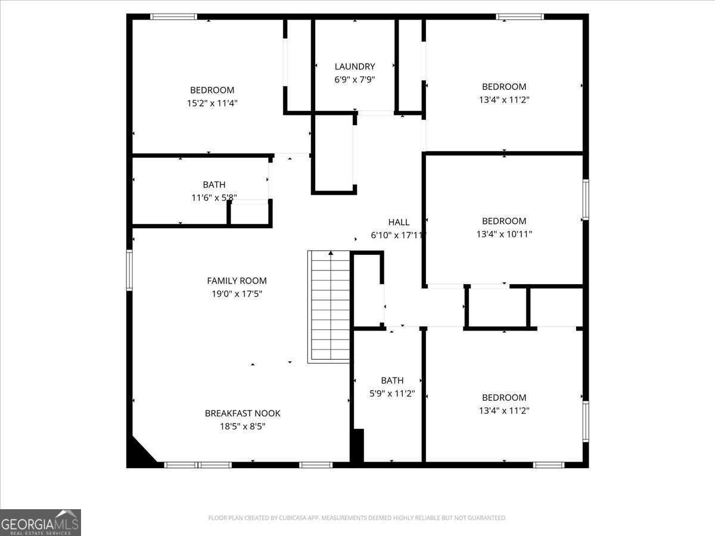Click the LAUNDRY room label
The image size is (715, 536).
point(355,67)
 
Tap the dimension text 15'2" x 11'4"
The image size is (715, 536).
point(212,103)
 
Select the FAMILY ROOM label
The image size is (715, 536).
point(237,281)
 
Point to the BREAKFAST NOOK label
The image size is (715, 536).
point(243,413)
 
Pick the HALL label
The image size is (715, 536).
point(399,222)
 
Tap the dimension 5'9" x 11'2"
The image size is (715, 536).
point(392,394)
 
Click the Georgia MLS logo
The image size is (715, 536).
point(40,522)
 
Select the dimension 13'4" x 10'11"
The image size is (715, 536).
point(504,234)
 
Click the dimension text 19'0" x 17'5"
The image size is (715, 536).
point(237,294)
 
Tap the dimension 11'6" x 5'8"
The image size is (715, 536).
point(214,198)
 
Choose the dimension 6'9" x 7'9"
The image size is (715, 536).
point(355,80)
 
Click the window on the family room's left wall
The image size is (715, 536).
point(129,270)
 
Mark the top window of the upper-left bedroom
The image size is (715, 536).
point(173,17)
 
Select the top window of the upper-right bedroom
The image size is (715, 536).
point(520,17)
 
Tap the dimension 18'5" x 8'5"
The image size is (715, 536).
point(243,426)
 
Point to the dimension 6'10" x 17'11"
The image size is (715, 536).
point(398,235)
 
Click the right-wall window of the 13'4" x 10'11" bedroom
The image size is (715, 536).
point(586,200)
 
